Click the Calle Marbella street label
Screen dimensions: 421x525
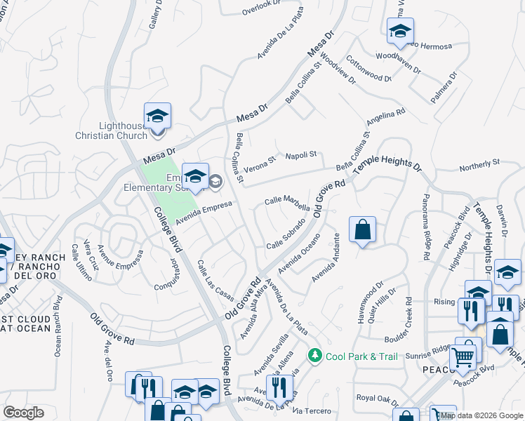tap(287, 203)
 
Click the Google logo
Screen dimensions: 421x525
tap(24, 412)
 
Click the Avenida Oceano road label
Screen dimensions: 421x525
tap(299, 255)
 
